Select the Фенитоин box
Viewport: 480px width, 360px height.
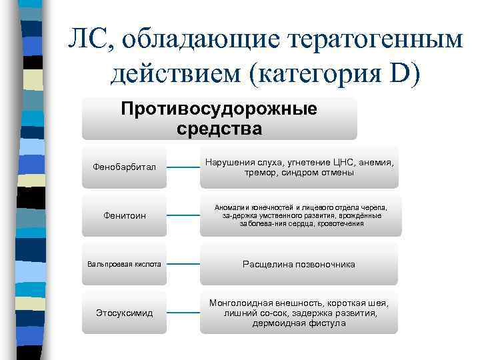(124, 215)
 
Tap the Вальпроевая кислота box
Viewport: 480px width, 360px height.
(124, 264)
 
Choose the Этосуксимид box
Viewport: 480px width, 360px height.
(124, 312)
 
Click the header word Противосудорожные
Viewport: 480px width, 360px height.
(219, 109)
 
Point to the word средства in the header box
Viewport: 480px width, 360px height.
(219, 128)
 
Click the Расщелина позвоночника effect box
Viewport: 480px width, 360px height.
(299, 265)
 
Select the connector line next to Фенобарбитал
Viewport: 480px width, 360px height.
(182, 167)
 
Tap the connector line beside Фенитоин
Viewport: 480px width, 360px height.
(182, 215)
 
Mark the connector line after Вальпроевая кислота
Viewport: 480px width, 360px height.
(182, 264)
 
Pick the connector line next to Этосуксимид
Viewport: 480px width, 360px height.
(182, 312)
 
